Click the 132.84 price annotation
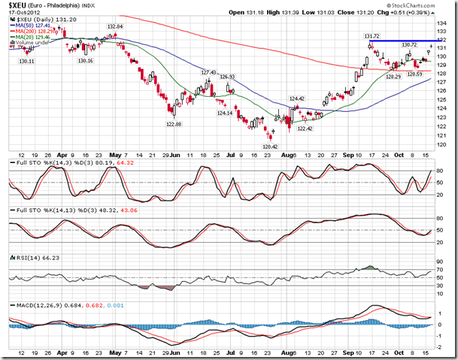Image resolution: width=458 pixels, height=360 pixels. coord(114,26)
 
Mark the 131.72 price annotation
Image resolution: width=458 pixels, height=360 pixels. coord(371,35)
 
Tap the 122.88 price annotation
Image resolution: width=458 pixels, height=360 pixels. coord(174,124)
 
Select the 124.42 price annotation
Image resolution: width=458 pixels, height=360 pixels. coord(296,98)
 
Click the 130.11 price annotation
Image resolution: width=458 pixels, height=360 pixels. coord(26,61)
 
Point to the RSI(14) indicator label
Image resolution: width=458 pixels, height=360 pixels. coord(29,257)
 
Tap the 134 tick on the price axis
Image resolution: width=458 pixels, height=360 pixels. coord(444,22)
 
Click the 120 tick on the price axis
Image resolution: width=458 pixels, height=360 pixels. coord(444,144)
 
